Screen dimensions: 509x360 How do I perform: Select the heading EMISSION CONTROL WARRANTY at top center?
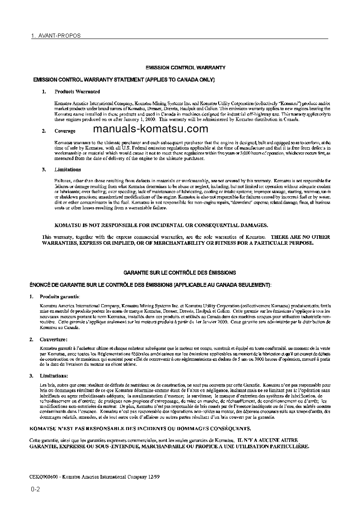pos(185,68)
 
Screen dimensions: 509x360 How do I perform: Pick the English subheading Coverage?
pos(65,131)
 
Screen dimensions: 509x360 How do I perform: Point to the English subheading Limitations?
pos(68,170)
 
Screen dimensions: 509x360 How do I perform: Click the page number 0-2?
pos(35,490)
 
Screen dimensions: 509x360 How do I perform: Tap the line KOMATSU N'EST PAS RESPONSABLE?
pos(139,428)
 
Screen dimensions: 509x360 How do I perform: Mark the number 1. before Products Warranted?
pos(44,92)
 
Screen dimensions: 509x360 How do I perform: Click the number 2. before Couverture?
pos(31,339)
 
